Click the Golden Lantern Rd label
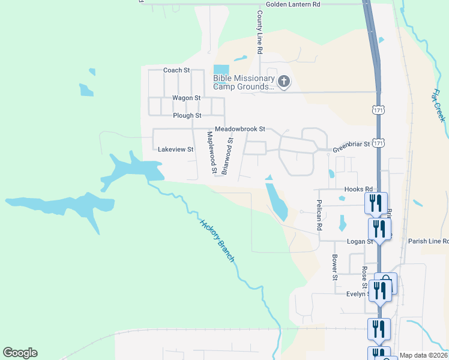[293, 4]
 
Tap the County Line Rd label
[260, 33]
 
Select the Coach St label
[176, 70]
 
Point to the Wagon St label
[186, 98]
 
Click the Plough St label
[187, 116]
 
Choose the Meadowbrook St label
[240, 129]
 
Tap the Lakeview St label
[175, 149]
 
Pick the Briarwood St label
[227, 155]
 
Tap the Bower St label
[334, 267]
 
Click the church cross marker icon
[283, 81]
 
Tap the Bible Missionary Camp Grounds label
[243, 82]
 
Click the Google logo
[20, 353]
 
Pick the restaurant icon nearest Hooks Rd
[376, 202]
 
